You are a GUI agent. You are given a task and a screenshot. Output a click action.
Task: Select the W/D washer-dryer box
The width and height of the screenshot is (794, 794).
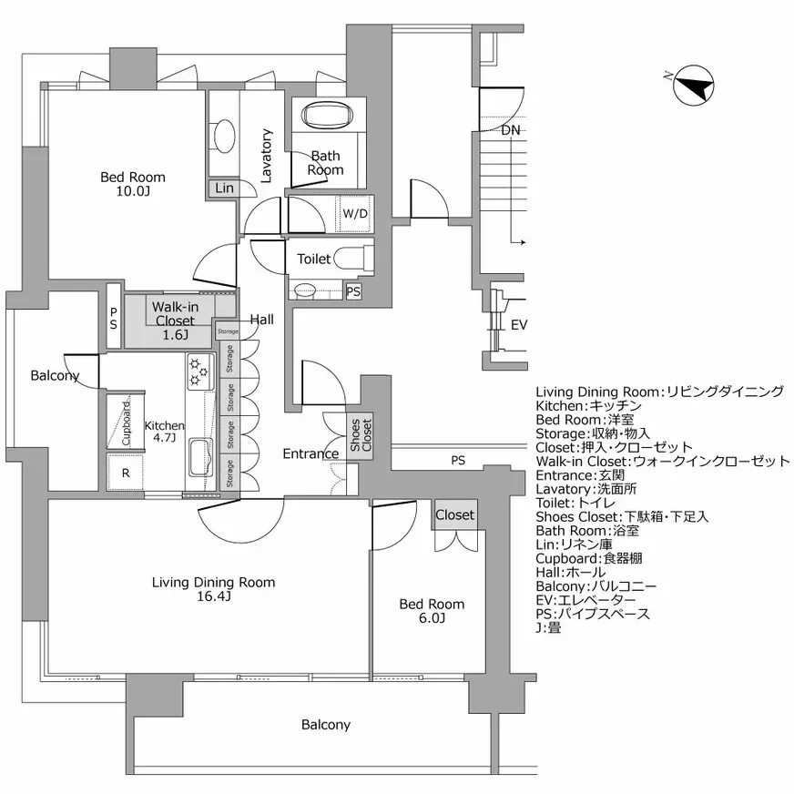[x=355, y=214]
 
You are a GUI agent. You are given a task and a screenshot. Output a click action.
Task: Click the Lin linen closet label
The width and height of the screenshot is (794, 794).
[x=223, y=188]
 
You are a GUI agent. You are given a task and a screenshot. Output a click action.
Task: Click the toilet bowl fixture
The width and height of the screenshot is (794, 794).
[x=351, y=259]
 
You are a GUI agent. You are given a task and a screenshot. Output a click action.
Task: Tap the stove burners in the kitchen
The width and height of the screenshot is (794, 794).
[x=198, y=372]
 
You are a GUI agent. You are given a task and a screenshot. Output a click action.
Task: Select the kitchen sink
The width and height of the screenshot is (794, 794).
[x=199, y=456]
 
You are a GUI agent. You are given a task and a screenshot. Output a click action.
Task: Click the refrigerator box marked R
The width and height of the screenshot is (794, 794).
[x=125, y=473]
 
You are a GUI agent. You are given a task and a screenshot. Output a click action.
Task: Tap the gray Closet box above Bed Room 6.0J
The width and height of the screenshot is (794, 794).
[x=454, y=514]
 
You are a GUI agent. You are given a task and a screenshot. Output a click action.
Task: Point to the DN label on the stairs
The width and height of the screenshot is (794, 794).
[x=512, y=130]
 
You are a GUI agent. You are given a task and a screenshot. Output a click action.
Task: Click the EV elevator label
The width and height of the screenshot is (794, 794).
[x=518, y=325]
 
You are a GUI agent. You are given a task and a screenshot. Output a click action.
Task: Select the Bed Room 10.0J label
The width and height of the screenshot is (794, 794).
[x=133, y=185]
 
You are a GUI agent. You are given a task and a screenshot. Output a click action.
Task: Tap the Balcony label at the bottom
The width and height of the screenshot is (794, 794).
[x=325, y=725]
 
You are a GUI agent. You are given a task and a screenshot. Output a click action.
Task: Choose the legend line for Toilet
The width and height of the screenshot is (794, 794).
[x=580, y=503]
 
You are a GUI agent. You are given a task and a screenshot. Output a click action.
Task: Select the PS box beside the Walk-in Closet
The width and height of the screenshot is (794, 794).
[x=114, y=317]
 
